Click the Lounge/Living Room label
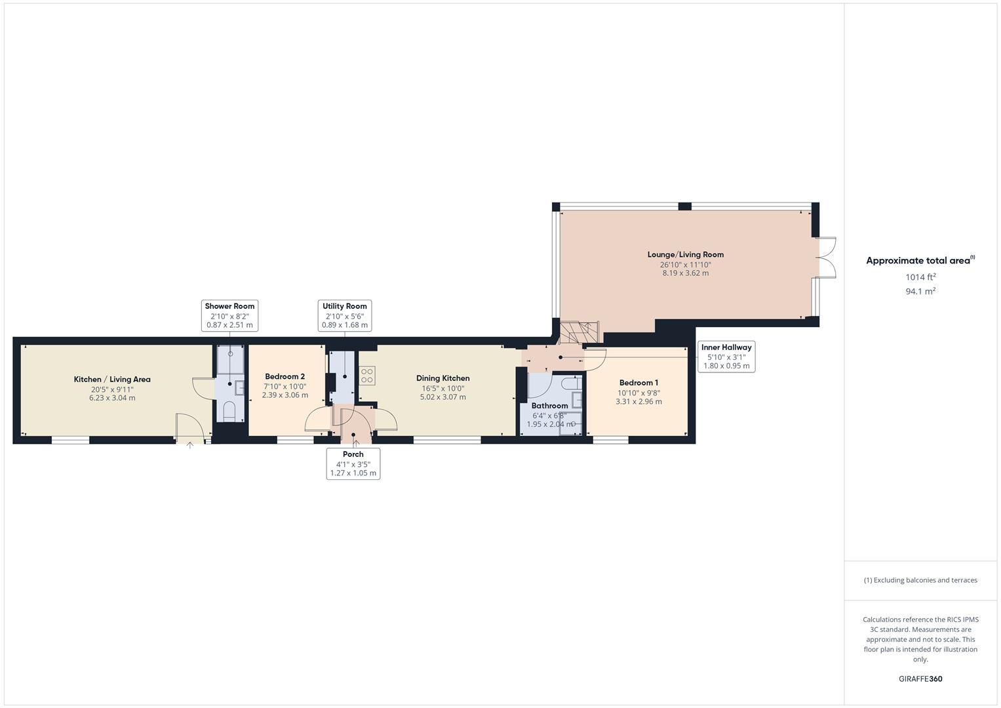(x=685, y=254)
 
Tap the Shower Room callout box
(x=229, y=315)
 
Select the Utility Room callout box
(x=344, y=315)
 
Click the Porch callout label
(x=353, y=463)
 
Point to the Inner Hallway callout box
(x=726, y=357)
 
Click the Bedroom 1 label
(x=638, y=383)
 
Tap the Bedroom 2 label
(x=285, y=377)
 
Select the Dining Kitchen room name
(x=442, y=378)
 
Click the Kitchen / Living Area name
(x=112, y=380)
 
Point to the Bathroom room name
(x=549, y=406)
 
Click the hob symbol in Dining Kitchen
(x=367, y=376)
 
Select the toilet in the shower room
(x=229, y=410)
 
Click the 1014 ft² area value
(x=920, y=277)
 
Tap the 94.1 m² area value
(x=920, y=292)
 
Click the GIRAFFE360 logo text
(x=920, y=679)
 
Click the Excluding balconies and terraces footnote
(x=920, y=580)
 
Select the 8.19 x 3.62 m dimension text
(x=685, y=273)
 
